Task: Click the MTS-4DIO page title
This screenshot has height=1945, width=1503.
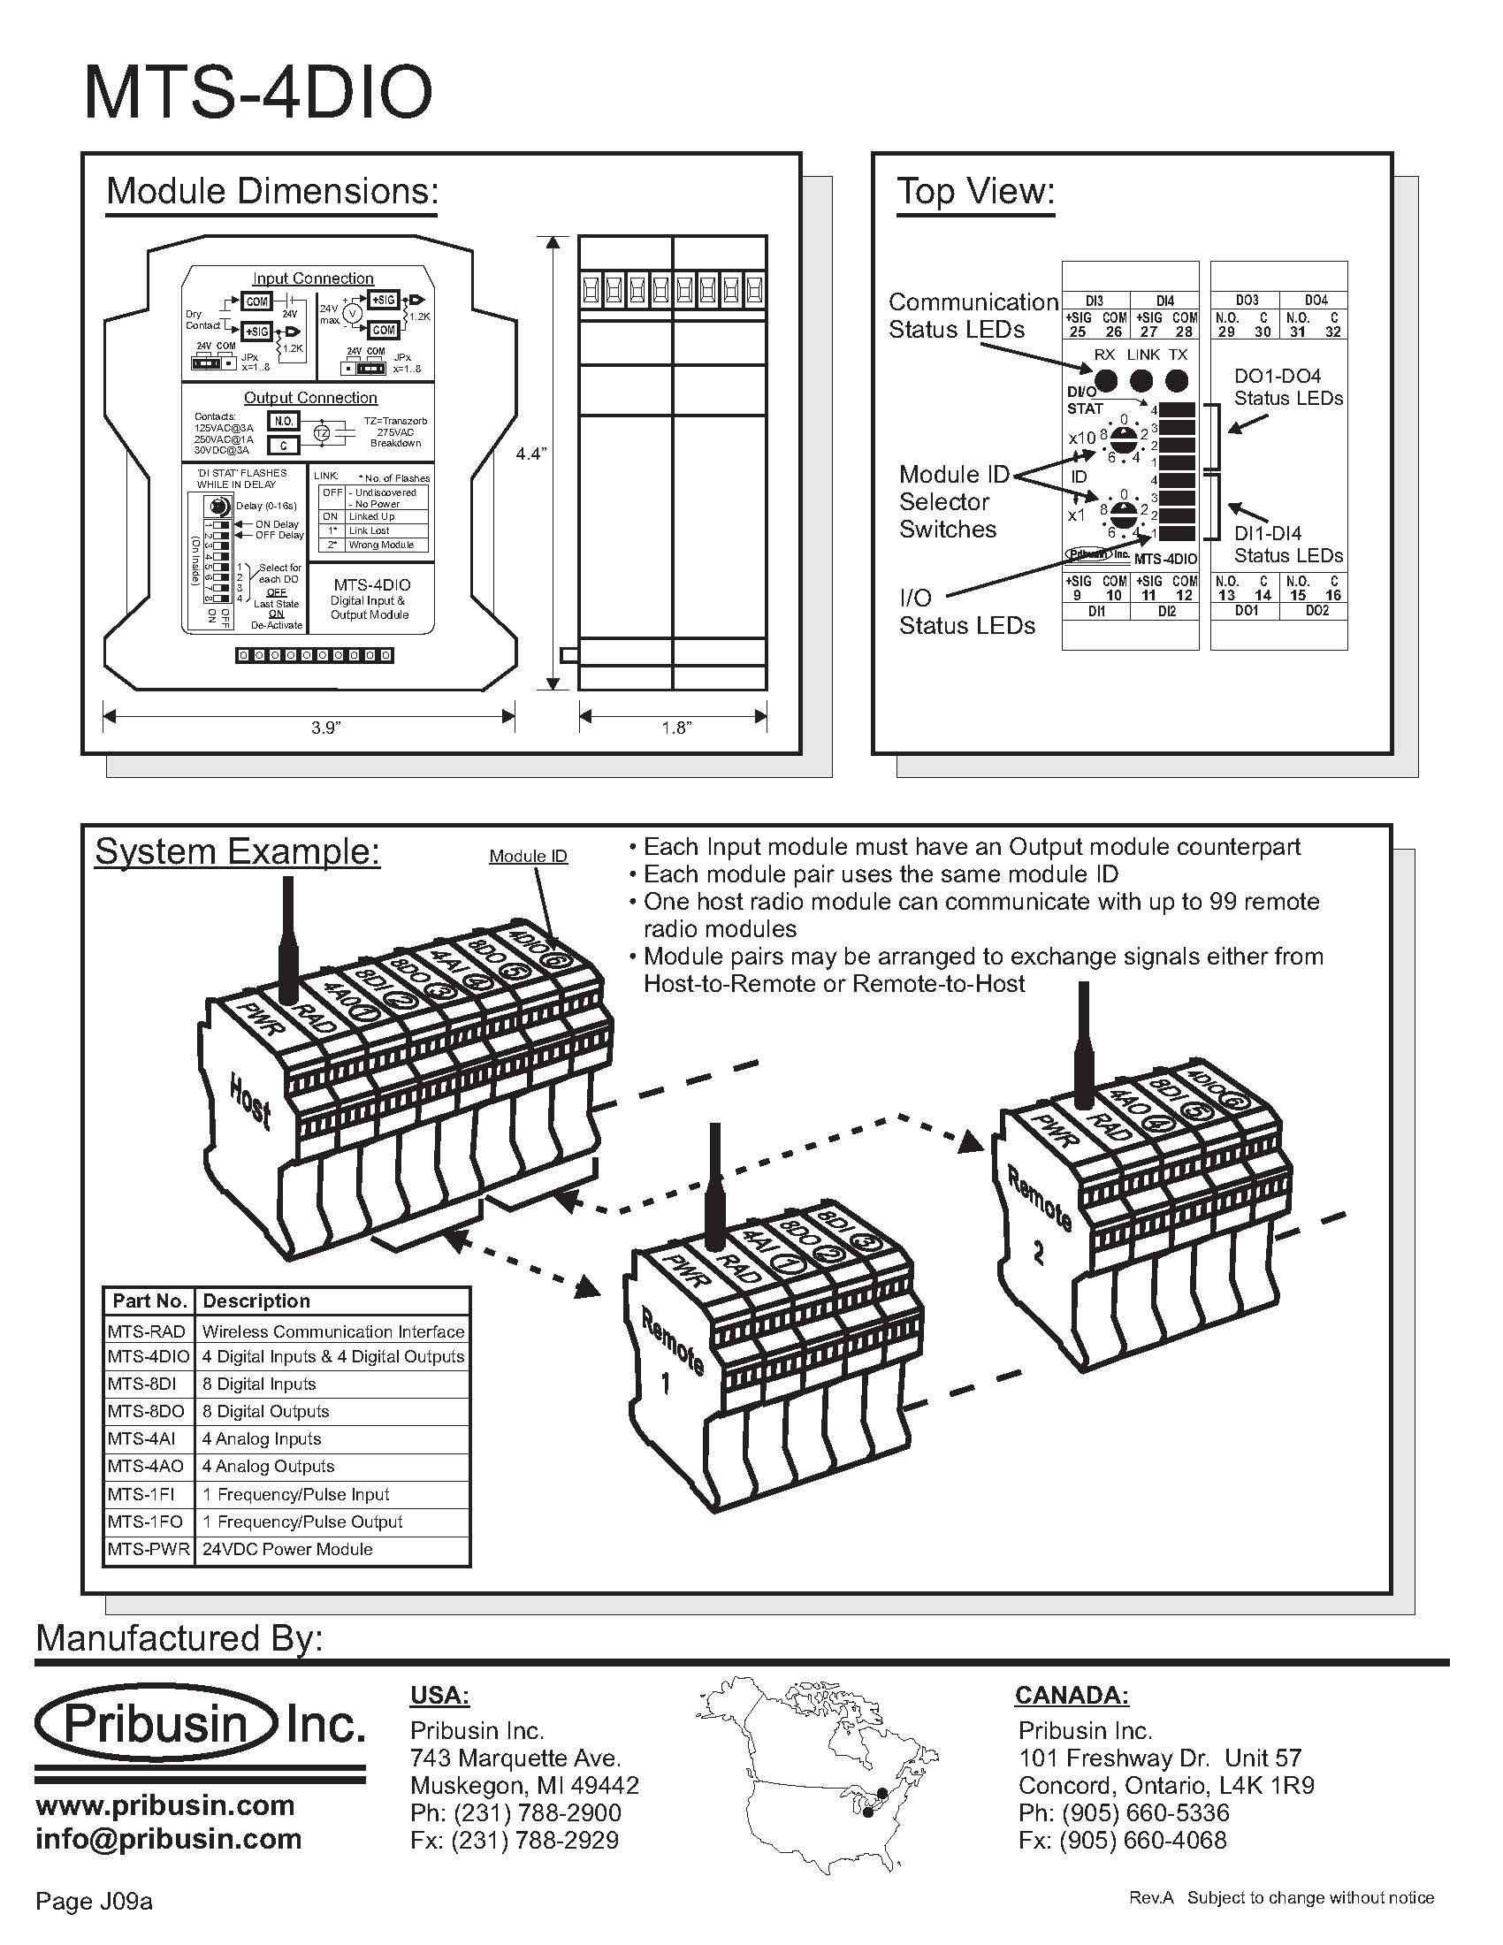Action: click(x=257, y=93)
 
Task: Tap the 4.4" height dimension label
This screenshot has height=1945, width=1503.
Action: click(x=530, y=454)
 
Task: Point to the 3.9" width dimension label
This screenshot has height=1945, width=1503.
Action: click(x=326, y=728)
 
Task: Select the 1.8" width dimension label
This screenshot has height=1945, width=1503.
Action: click(x=675, y=728)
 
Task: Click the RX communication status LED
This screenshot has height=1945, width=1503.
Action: click(x=1105, y=381)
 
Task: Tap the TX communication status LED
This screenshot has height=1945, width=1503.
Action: click(x=1176, y=381)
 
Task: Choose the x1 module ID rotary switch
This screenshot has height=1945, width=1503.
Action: click(x=1124, y=513)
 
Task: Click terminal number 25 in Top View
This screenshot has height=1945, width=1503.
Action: click(x=1078, y=332)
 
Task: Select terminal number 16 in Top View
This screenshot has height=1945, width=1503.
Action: click(x=1332, y=595)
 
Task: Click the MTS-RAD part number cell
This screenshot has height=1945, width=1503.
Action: click(x=147, y=1331)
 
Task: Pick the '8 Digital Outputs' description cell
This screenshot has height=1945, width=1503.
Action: click(x=265, y=1412)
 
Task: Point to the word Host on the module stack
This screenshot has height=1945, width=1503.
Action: click(x=250, y=1101)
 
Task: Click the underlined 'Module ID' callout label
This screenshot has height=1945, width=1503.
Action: click(x=528, y=856)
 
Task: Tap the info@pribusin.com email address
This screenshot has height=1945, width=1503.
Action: click(x=168, y=1838)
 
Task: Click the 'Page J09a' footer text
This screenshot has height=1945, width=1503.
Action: click(x=95, y=1902)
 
